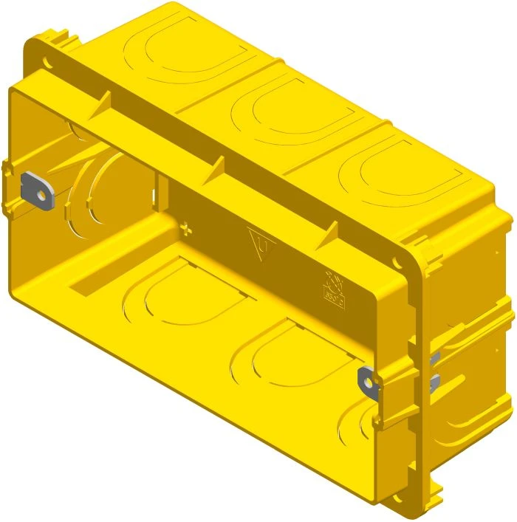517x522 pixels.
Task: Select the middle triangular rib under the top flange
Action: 219,167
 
